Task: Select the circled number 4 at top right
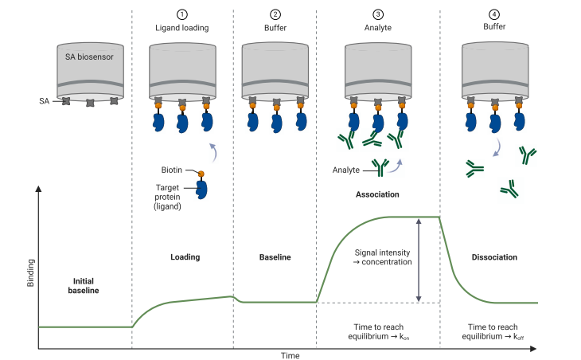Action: click(x=493, y=14)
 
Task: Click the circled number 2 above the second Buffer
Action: click(x=275, y=14)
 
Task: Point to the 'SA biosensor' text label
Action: click(x=89, y=57)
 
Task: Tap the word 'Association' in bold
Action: click(x=378, y=194)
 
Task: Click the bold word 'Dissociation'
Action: click(x=493, y=257)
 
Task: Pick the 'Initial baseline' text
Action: click(x=88, y=285)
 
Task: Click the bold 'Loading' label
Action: click(x=185, y=257)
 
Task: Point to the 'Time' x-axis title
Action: click(x=290, y=355)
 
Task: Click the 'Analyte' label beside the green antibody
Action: click(x=347, y=170)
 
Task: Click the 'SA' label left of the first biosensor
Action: click(x=45, y=101)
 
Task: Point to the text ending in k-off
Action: click(x=493, y=332)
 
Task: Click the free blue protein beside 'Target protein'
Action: click(x=201, y=189)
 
